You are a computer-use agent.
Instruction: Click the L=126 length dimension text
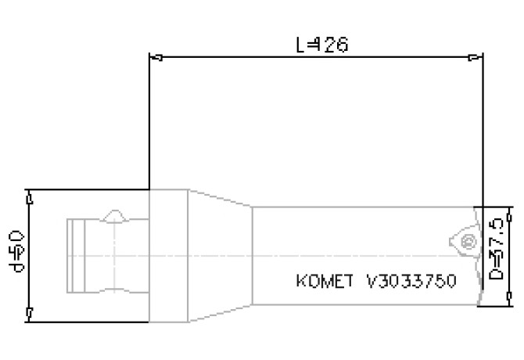(x=321, y=45)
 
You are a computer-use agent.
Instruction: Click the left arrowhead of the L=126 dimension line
(x=155, y=56)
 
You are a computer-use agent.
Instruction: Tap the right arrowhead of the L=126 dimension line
(x=477, y=56)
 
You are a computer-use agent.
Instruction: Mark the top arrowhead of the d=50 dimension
(x=28, y=196)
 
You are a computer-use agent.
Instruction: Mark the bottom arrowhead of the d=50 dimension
(x=28, y=314)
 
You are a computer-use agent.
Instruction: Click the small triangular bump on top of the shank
(x=115, y=215)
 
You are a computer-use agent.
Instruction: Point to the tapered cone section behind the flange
(x=219, y=255)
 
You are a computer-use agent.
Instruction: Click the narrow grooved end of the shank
(x=77, y=255)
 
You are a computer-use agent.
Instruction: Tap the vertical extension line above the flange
(x=149, y=117)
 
